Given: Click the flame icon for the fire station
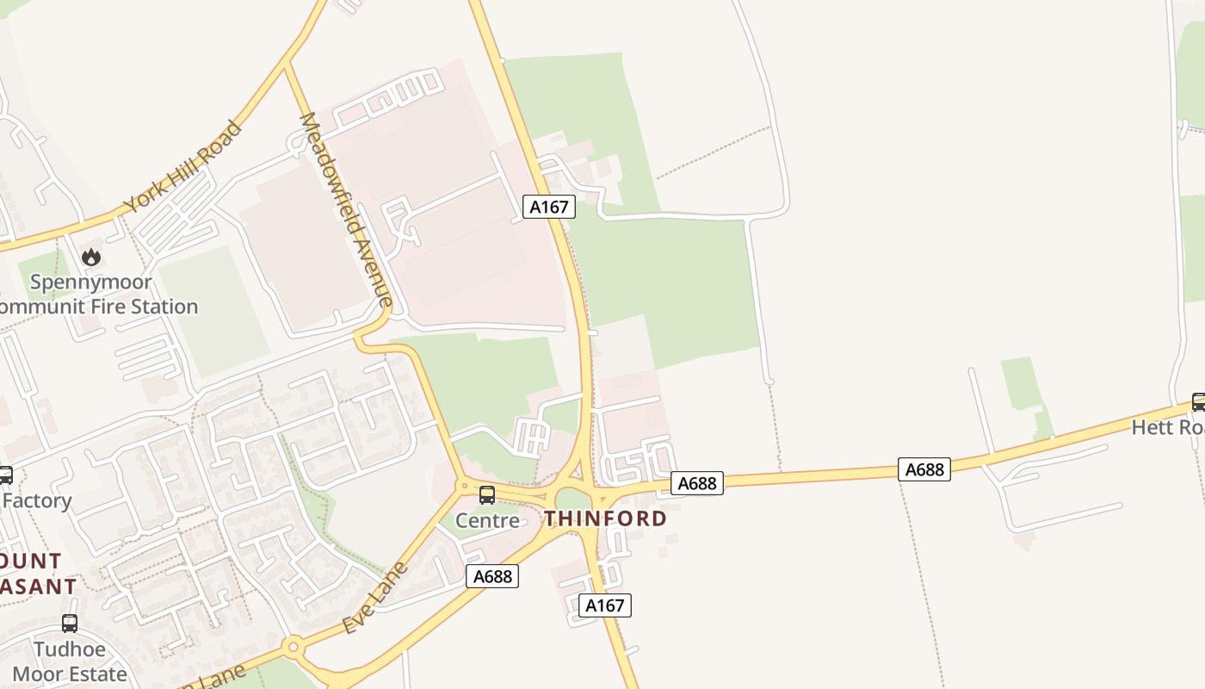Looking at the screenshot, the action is pos(91,257).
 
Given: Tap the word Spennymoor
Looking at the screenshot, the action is pos(91,282).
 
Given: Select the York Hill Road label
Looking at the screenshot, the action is pos(182,167).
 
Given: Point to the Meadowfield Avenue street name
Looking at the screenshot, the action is pos(346,209).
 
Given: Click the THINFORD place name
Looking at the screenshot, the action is pos(605,518).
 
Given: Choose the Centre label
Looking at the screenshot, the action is pos(487,520).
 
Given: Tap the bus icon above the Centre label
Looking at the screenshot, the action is pos(487,495).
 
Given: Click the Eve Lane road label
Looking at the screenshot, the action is pos(374,598).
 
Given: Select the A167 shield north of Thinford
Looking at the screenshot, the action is pos(549,207).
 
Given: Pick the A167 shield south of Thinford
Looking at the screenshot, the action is pos(604,605).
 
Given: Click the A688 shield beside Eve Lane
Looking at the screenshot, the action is pos(492,576).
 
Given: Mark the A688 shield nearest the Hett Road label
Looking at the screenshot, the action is pos(924,469).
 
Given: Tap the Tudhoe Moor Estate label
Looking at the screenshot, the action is pos(70,661).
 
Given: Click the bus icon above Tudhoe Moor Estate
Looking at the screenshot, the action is pos(70,624).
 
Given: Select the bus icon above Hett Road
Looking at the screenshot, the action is pos(1198,401).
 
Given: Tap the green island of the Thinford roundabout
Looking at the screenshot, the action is pos(572,499).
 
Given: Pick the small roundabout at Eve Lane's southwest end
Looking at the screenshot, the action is pos(294,646).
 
